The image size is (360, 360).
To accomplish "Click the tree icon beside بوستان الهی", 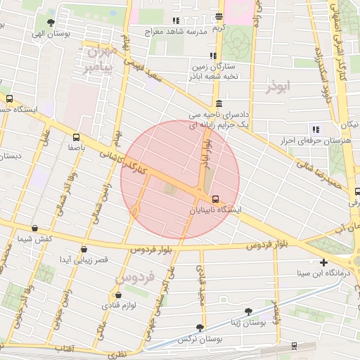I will click(x=51, y=22).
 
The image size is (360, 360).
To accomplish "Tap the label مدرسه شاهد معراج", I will click(x=175, y=32).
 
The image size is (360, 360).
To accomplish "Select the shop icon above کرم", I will click(x=219, y=16).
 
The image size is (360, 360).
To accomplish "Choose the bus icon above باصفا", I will click(x=76, y=138).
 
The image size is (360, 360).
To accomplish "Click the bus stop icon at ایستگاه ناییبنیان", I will click(x=215, y=199).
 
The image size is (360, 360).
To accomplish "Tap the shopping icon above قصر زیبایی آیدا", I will click(x=85, y=249).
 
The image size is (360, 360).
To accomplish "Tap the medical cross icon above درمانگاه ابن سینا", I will click(x=323, y=262).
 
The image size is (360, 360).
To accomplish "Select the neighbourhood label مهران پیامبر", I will click(x=97, y=60).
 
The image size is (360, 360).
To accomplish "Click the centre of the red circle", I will click(x=180, y=179).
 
